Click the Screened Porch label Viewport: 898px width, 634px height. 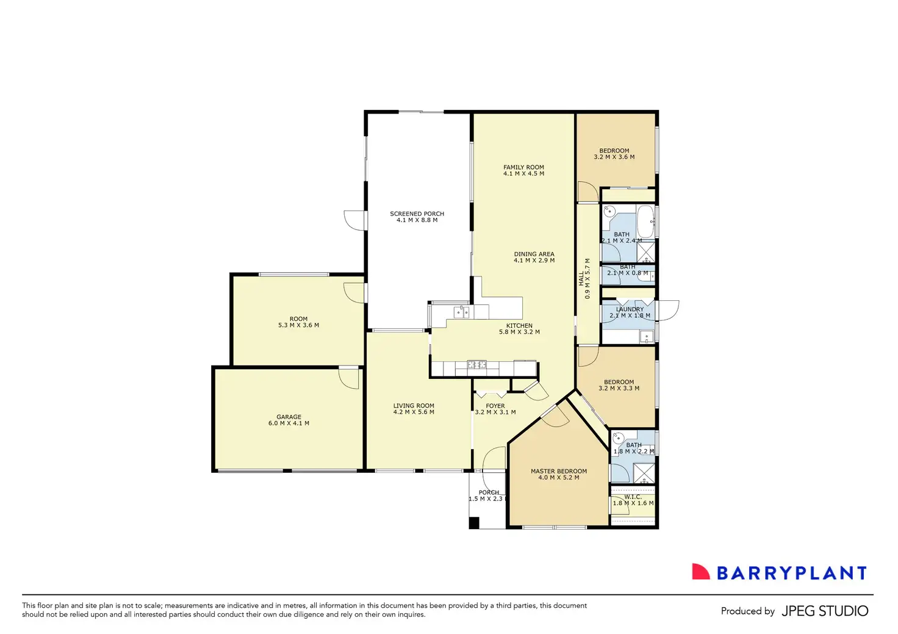417,214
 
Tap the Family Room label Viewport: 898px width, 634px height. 523,167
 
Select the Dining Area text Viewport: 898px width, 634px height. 534,254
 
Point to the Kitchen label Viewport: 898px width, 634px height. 519,326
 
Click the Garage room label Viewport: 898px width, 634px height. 289,417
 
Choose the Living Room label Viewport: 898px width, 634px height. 414,406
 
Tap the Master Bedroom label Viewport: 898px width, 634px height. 558,471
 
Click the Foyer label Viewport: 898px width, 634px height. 495,406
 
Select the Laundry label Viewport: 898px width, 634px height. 630,309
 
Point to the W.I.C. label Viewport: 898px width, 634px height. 633,497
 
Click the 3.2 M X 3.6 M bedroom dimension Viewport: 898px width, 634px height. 614,157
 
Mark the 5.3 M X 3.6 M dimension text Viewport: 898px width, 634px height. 298,325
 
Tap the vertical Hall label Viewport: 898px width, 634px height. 581,278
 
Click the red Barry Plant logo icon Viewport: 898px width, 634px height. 700,572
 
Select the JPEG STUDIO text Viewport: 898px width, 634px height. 824,611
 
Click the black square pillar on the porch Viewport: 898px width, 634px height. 474,523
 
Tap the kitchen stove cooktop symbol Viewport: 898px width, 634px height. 476,365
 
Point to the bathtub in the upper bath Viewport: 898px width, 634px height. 645,221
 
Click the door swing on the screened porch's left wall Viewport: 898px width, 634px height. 354,220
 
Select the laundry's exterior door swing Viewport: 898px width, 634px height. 669,311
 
